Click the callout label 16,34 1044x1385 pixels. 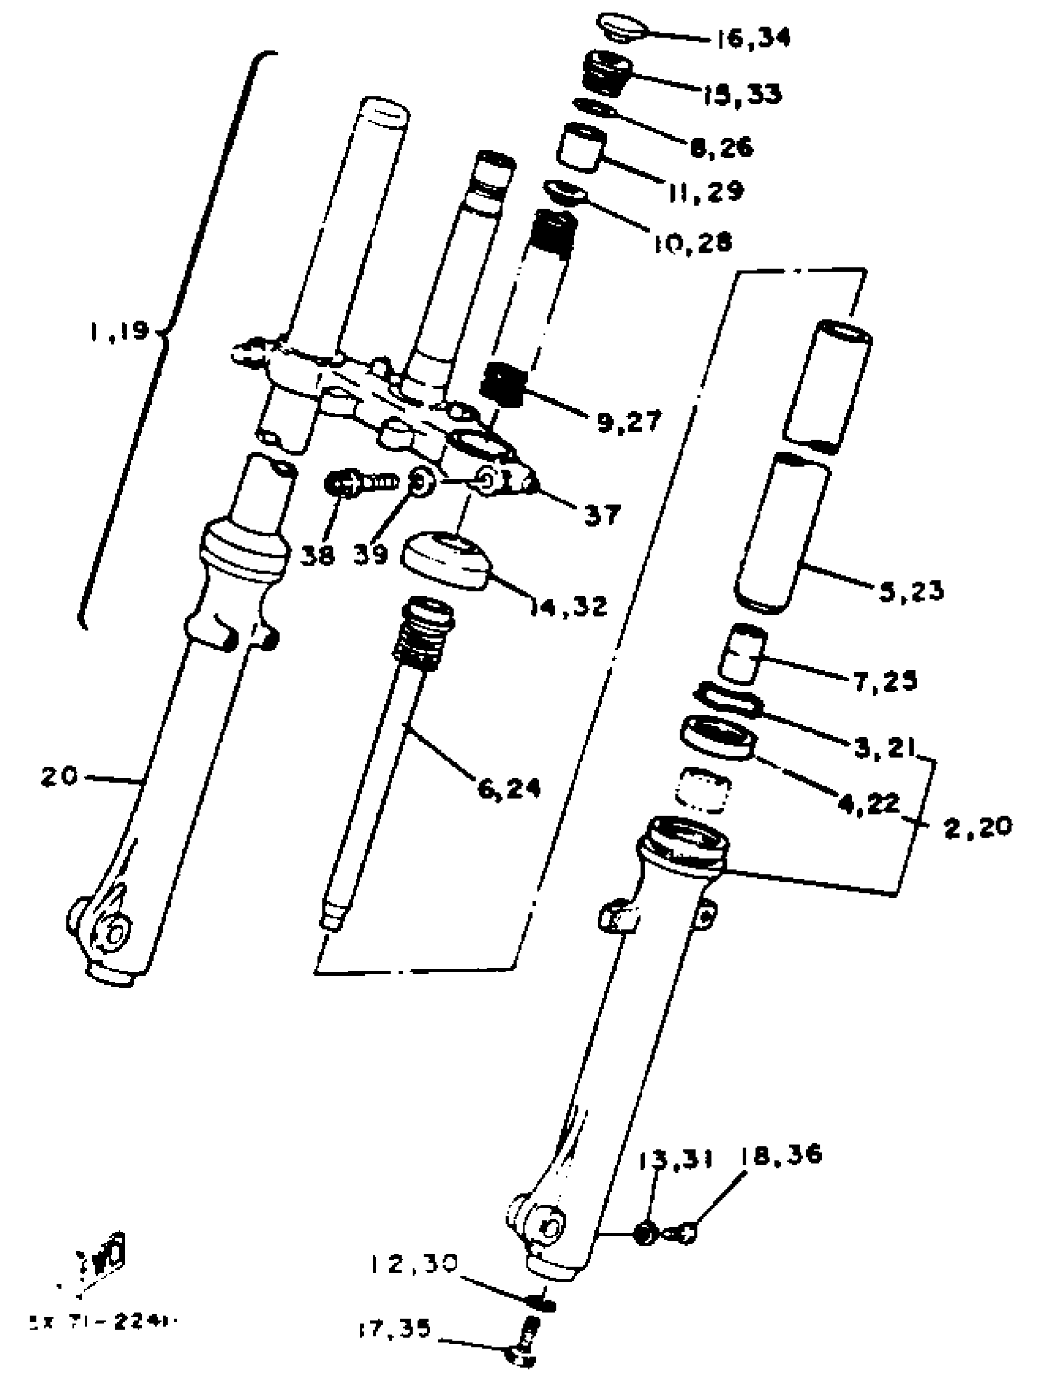click(x=754, y=39)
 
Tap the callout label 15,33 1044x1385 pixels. click(x=741, y=95)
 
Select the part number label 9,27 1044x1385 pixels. click(x=628, y=421)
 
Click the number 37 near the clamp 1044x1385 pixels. click(x=602, y=514)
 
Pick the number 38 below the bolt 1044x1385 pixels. click(x=317, y=555)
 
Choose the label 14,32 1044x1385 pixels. click(x=569, y=605)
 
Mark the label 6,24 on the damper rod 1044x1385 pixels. click(x=509, y=789)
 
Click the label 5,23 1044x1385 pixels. click(x=911, y=591)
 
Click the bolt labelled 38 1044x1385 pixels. click(x=360, y=483)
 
